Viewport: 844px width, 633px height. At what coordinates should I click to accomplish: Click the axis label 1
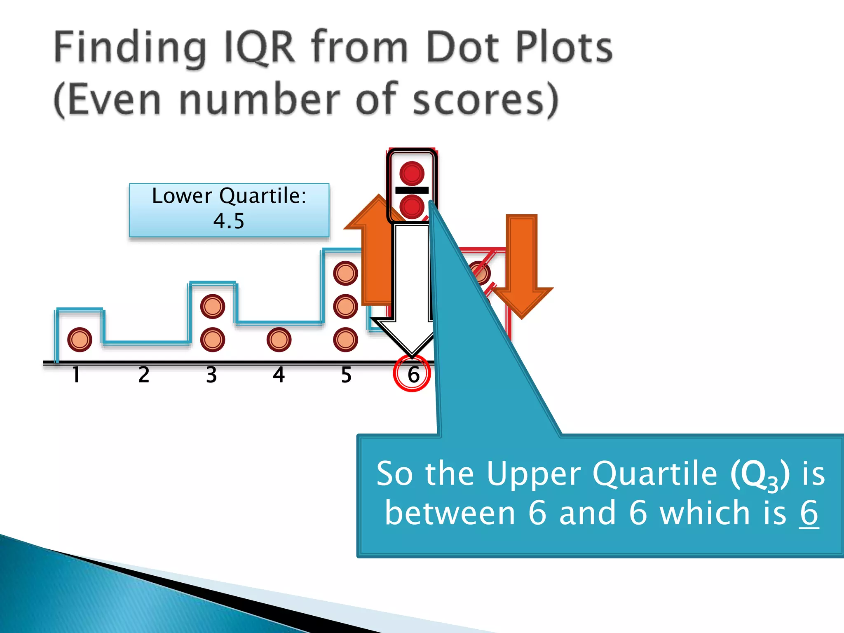(76, 375)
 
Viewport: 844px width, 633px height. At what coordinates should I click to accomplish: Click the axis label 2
(144, 375)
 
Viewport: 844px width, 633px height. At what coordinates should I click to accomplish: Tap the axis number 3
(211, 375)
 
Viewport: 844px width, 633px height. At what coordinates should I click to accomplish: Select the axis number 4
(279, 375)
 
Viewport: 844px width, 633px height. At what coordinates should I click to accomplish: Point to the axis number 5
(346, 375)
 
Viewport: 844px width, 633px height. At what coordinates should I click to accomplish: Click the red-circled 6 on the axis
(413, 374)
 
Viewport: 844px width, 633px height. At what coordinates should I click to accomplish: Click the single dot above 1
(80, 340)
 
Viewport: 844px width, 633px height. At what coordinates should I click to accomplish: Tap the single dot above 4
(279, 340)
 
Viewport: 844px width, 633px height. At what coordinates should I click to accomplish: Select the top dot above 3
(213, 307)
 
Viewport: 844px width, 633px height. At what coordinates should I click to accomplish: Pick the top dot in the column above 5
(345, 273)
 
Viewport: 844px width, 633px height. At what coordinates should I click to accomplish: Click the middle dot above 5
(345, 307)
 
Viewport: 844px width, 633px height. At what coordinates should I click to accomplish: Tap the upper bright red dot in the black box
(412, 173)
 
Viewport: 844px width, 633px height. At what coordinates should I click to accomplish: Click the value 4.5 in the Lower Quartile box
(229, 221)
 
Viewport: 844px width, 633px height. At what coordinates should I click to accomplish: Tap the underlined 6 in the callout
(809, 513)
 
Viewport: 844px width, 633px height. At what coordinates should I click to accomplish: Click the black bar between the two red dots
(412, 190)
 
